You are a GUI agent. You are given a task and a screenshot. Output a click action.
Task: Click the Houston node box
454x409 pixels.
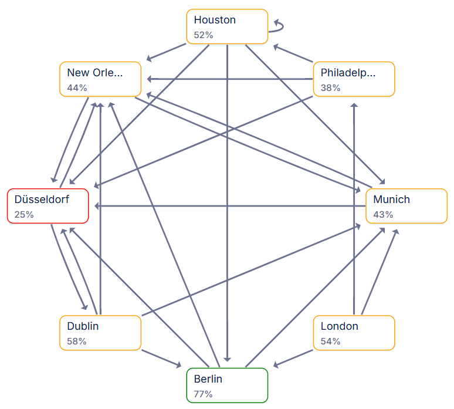pyautogui.click(x=227, y=26)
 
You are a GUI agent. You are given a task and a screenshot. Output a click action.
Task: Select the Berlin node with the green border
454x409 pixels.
pyautogui.click(x=227, y=385)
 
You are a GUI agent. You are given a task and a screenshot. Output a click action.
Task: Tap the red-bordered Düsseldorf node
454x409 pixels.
pyautogui.click(x=48, y=205)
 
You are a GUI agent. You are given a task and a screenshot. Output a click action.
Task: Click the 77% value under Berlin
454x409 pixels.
pyautogui.click(x=203, y=394)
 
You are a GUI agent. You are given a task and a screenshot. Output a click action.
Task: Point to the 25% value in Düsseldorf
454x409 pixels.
pyautogui.click(x=24, y=215)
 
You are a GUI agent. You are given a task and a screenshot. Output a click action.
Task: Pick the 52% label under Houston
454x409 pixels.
pyautogui.click(x=204, y=35)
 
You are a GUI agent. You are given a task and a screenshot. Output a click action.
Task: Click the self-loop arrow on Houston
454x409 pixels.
pyautogui.click(x=278, y=26)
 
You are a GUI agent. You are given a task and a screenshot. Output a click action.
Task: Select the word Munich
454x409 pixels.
pyautogui.click(x=391, y=200)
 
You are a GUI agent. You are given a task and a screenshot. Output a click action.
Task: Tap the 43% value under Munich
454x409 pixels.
pyautogui.click(x=383, y=215)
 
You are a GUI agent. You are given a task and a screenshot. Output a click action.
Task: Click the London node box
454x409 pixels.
pyautogui.click(x=354, y=333)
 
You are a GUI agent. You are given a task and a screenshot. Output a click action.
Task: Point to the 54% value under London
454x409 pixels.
pyautogui.click(x=330, y=342)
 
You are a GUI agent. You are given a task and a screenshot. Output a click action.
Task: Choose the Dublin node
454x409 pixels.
pyautogui.click(x=100, y=333)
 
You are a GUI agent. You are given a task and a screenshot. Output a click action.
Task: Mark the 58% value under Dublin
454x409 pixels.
pyautogui.click(x=76, y=342)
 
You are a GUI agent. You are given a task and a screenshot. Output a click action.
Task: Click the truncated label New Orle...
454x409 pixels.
pyautogui.click(x=95, y=73)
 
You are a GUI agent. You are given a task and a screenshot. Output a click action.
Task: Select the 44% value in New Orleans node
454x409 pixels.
pyautogui.click(x=77, y=88)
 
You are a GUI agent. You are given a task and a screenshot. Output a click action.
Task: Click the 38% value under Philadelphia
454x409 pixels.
pyautogui.click(x=330, y=88)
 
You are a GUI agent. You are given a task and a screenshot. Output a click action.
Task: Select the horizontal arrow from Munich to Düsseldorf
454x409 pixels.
pyautogui.click(x=229, y=206)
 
